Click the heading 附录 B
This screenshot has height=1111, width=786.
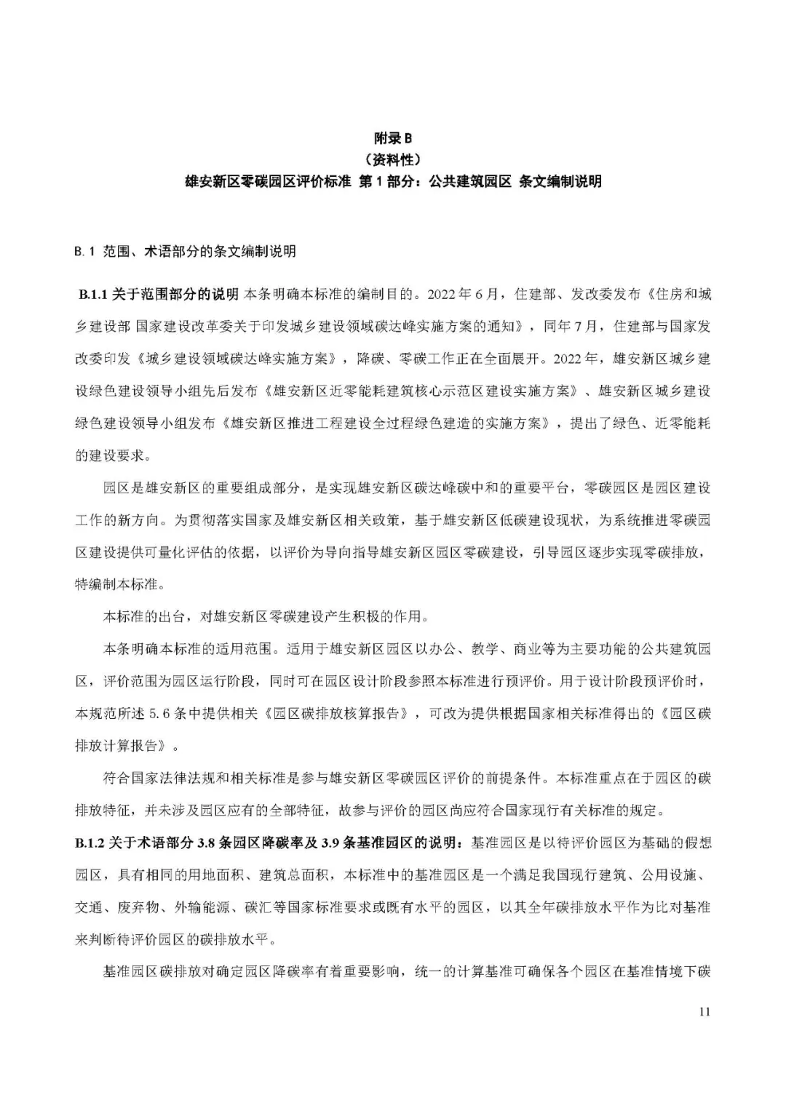pos(392,138)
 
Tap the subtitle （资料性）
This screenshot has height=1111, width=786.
pos(392,159)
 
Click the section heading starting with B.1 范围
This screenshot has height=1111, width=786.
pos(185,252)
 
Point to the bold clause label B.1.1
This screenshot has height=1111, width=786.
pos(93,295)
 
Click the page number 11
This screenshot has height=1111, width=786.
pos(703,1011)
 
